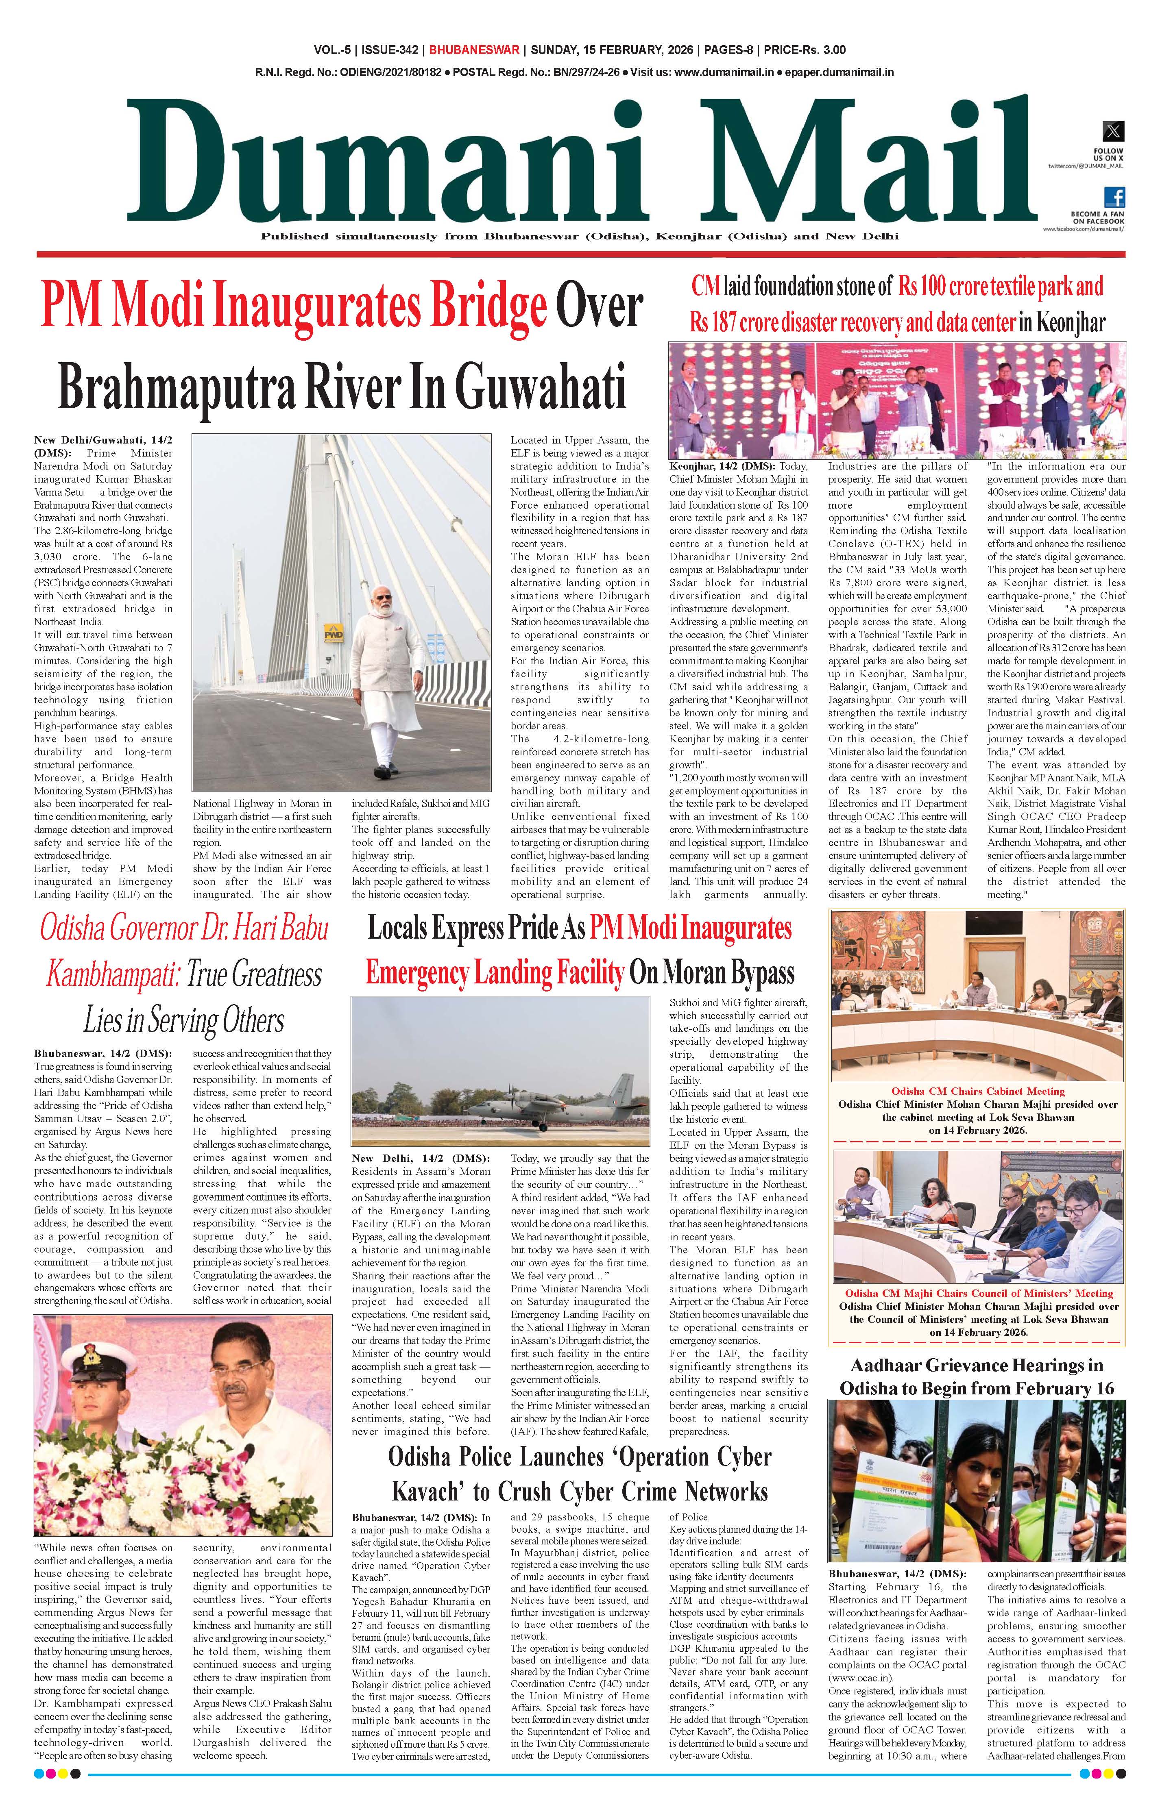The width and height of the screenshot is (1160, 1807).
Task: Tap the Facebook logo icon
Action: (x=1115, y=197)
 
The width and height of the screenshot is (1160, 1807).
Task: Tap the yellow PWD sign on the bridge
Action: (x=333, y=634)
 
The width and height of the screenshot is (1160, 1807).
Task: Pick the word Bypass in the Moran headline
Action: (x=756, y=973)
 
